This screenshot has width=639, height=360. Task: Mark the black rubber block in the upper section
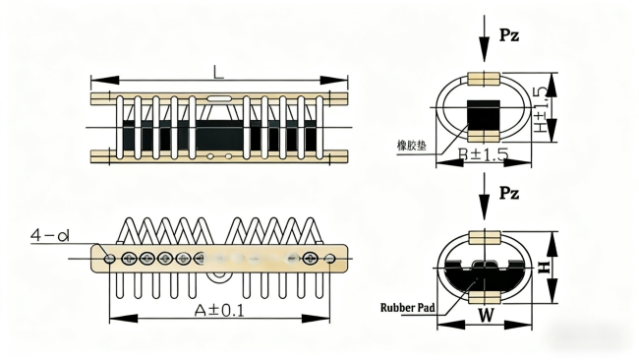pos(482,117)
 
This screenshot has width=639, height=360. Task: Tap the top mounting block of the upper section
pos(483,78)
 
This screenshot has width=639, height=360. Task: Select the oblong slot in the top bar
pos(219,98)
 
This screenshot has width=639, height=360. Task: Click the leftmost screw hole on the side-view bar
pos(110,258)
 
